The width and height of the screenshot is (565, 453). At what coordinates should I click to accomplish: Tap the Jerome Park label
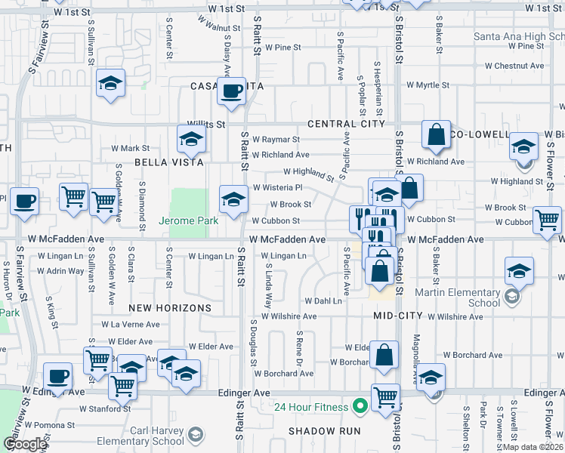click(x=188, y=220)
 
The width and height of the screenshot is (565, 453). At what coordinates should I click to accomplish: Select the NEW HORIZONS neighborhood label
click(x=169, y=308)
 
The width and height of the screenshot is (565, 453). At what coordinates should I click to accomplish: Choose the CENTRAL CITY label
click(x=346, y=124)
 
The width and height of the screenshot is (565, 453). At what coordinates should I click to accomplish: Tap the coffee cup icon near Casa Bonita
click(x=231, y=91)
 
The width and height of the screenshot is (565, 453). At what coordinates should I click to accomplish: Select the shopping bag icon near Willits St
click(x=436, y=135)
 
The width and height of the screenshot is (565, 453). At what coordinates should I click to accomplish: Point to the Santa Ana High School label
click(x=518, y=36)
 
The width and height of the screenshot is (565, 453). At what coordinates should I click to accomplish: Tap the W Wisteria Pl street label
click(x=277, y=187)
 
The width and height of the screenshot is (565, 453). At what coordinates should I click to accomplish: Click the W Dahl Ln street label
click(x=323, y=300)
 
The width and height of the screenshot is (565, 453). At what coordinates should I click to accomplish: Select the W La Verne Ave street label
click(x=135, y=325)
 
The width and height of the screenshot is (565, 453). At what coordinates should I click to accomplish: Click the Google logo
click(x=24, y=444)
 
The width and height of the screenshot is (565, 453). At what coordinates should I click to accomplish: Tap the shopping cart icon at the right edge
click(x=547, y=220)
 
